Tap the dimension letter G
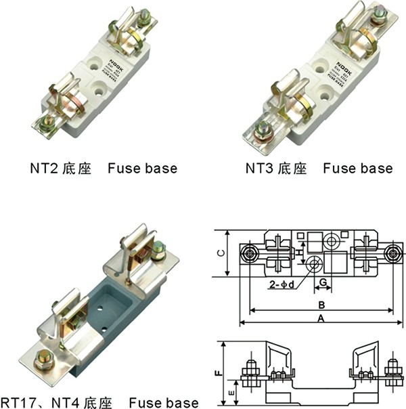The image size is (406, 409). pyautogui.click(x=323, y=281)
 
